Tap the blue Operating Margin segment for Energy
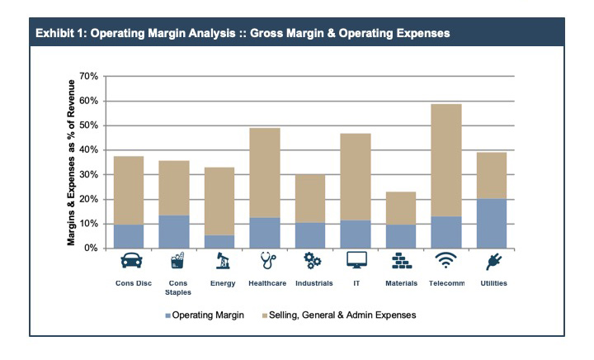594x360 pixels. tap(220, 241)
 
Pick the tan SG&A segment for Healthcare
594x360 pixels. tap(266, 173)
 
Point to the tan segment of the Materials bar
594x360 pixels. tap(401, 207)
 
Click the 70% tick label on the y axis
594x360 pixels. tap(88, 77)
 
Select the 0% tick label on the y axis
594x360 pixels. tap(91, 248)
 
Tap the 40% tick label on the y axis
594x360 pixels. tap(88, 150)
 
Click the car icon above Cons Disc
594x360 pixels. tap(130, 263)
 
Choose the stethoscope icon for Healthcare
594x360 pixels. tap(266, 263)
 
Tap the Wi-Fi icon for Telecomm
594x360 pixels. tap(446, 263)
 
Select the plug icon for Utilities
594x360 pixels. tap(492, 263)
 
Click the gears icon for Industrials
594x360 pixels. tap(311, 263)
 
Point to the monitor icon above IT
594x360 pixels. tap(356, 263)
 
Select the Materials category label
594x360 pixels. tap(401, 283)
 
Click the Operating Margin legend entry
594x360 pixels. tap(206, 315)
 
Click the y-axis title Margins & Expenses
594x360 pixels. tap(73, 162)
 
